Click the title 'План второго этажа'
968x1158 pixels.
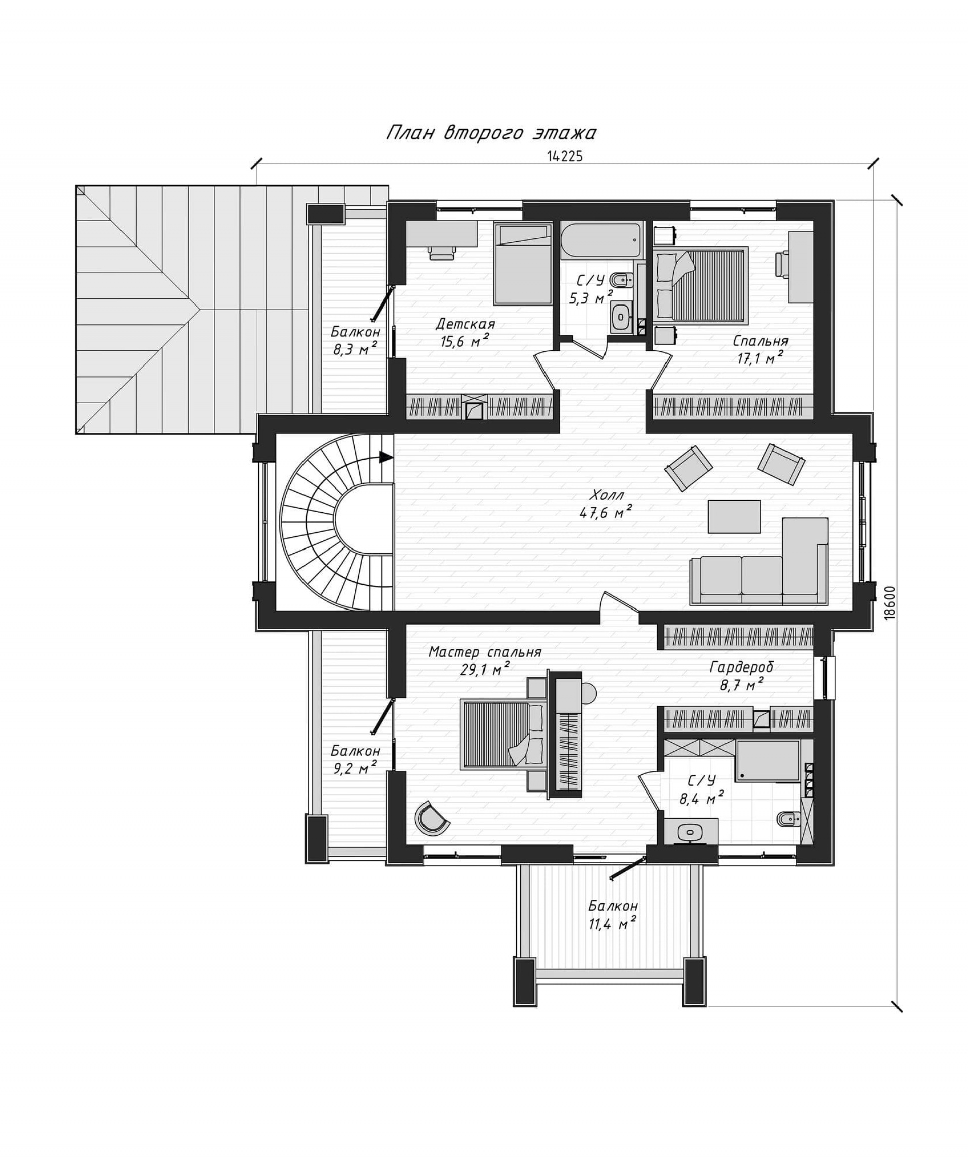[491, 133]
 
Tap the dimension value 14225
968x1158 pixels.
[565, 157]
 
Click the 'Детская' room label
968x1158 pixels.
[464, 324]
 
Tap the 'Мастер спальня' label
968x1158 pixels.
[485, 652]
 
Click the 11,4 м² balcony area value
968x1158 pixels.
[612, 924]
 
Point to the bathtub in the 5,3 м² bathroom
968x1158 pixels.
[601, 241]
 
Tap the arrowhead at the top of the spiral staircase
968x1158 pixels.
[386, 457]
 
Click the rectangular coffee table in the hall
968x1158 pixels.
[734, 516]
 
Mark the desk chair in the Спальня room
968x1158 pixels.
[781, 264]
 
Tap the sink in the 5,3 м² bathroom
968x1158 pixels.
[622, 317]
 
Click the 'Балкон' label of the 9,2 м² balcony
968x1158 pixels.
[355, 751]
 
